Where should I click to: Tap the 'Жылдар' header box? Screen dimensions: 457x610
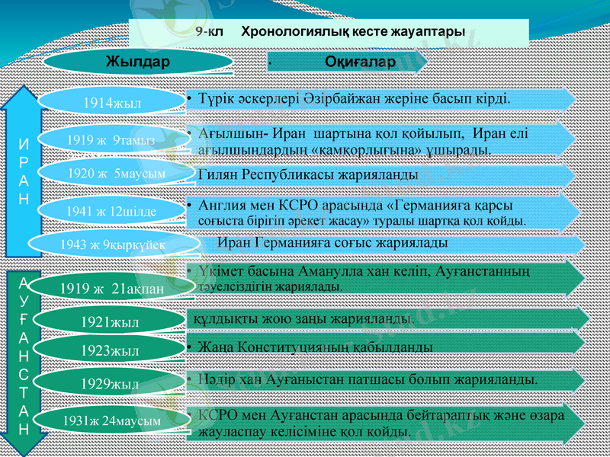137,61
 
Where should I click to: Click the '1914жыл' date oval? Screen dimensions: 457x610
112,100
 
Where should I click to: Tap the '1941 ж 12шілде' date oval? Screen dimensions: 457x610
111,209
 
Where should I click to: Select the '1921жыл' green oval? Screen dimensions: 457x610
110,322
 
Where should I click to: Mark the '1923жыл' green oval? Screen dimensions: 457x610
110,351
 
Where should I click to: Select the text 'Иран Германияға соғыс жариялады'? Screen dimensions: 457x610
332,242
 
